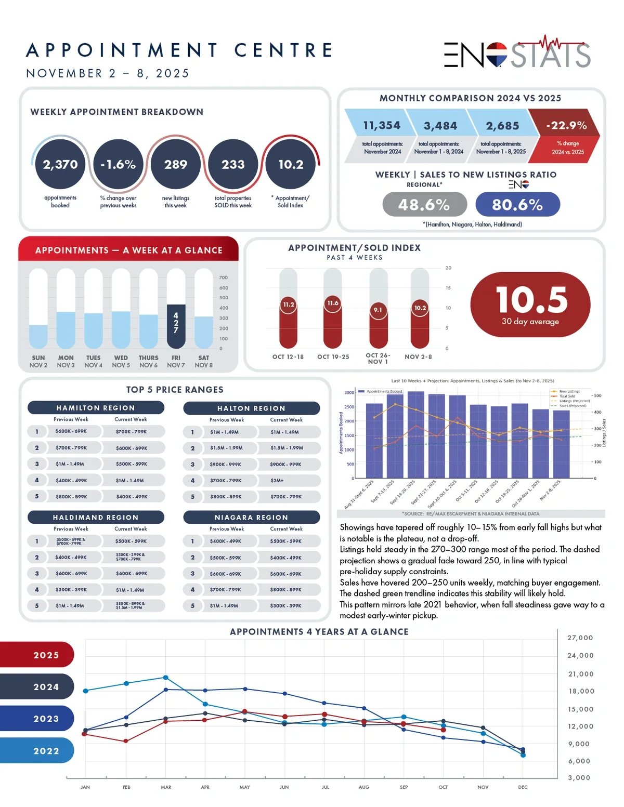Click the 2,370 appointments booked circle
tap(60, 164)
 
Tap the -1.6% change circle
tap(118, 164)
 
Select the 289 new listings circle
tap(176, 164)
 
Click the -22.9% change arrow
tap(566, 136)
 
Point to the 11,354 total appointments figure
tap(382, 125)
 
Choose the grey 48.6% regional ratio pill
tap(424, 205)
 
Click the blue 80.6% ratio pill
tap(517, 205)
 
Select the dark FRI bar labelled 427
tap(176, 326)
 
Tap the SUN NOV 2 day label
tap(38, 362)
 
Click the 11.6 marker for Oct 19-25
tap(333, 303)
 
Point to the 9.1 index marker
tap(378, 310)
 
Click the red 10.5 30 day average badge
tap(530, 305)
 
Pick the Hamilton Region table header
tap(96, 408)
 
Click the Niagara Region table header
tap(251, 518)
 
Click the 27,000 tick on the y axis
tap(580, 638)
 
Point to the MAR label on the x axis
tap(166, 787)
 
